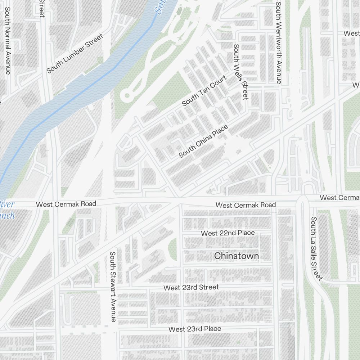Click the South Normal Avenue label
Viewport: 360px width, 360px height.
click(7, 41)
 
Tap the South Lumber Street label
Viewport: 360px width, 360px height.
click(75, 53)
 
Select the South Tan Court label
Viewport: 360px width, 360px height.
click(204, 91)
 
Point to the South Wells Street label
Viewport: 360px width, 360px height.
click(241, 72)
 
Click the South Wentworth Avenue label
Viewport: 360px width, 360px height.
click(278, 42)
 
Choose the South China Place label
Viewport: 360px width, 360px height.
click(203, 141)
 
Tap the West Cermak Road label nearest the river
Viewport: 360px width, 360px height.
click(66, 204)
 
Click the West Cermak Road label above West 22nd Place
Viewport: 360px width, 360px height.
click(246, 205)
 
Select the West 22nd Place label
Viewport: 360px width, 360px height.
click(228, 233)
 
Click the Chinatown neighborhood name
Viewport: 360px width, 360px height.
click(236, 256)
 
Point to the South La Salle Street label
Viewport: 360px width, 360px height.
click(316, 248)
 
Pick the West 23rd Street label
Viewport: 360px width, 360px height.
click(191, 287)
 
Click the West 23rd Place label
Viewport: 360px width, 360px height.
click(195, 329)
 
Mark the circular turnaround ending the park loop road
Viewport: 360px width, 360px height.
click(127, 96)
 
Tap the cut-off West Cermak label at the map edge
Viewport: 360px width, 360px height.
click(339, 198)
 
